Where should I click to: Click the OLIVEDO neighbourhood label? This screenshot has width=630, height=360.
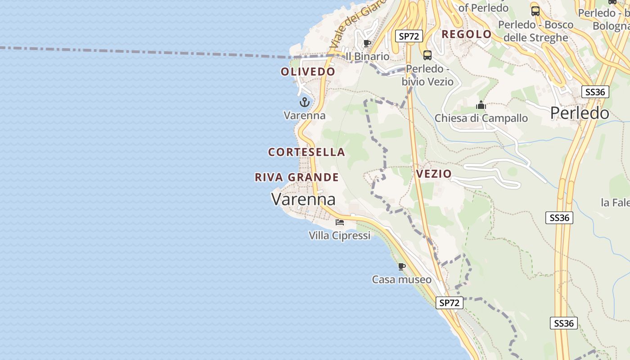click(308, 72)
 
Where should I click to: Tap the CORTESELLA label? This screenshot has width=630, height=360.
click(306, 152)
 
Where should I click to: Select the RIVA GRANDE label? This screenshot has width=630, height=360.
click(297, 177)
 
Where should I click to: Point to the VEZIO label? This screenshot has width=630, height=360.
click(434, 174)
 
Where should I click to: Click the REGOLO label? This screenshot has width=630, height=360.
click(467, 34)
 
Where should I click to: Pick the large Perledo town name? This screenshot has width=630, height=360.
click(580, 113)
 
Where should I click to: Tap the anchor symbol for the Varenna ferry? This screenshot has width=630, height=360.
click(305, 102)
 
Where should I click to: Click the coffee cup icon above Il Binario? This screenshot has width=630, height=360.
click(367, 43)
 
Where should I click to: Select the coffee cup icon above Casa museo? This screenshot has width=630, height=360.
click(402, 266)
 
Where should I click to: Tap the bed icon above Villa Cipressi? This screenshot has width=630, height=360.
click(340, 222)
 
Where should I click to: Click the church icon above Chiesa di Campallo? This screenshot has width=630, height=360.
click(481, 105)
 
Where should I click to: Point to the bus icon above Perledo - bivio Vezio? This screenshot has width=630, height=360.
click(427, 55)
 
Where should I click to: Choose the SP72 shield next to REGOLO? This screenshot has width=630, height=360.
click(409, 36)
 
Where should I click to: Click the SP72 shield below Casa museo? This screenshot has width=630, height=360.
click(450, 303)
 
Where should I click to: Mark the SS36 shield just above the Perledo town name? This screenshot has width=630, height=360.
click(595, 92)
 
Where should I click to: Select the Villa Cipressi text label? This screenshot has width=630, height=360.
click(339, 235)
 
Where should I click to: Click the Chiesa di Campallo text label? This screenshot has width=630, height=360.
click(481, 118)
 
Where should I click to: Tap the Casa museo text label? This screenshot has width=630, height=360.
click(401, 279)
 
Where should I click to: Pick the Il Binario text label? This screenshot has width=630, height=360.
click(367, 56)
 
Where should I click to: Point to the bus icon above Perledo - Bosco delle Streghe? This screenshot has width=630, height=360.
click(535, 11)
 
